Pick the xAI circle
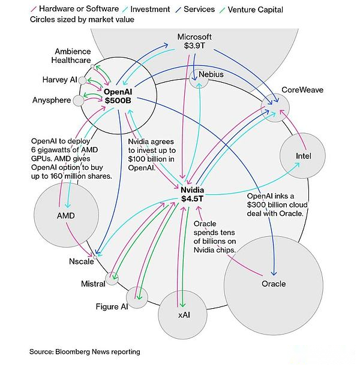point(184,314)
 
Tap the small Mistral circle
point(112,278)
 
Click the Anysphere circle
point(79,100)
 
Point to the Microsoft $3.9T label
point(194,41)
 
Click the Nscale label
point(80,261)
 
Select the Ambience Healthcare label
point(73,56)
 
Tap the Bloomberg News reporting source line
point(85,351)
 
